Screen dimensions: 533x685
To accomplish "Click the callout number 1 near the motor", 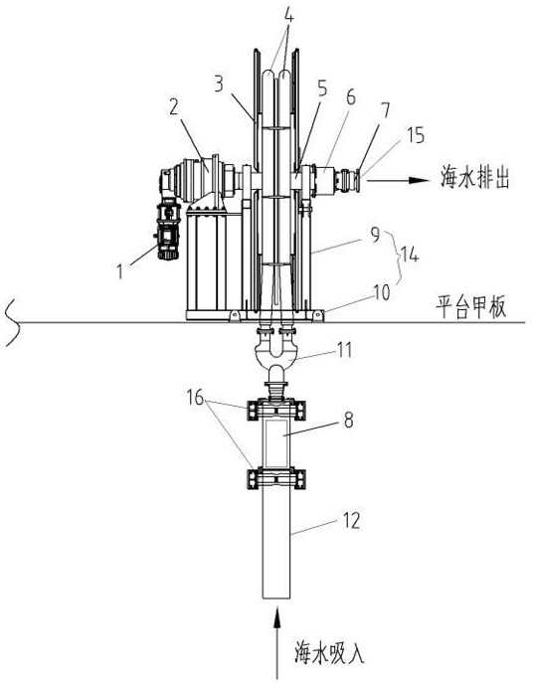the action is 119,271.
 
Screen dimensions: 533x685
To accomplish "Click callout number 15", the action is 415,136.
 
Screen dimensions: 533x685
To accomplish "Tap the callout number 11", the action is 345,350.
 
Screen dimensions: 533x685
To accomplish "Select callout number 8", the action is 348,421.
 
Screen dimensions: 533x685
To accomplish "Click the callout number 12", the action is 352,520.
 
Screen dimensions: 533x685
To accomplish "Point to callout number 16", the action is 195,397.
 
